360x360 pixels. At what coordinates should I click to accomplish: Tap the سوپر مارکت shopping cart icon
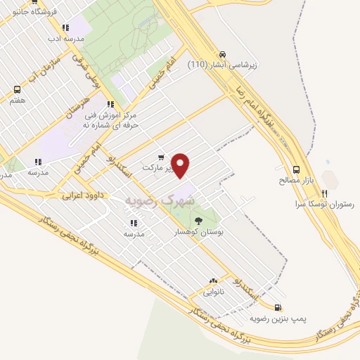click(x=161, y=157)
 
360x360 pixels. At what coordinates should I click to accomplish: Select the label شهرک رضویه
click(x=159, y=200)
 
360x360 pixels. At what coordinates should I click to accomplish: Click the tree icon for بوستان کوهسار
click(x=196, y=221)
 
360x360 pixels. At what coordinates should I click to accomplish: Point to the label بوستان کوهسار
click(x=199, y=231)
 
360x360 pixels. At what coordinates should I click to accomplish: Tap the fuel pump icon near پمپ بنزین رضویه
click(x=278, y=307)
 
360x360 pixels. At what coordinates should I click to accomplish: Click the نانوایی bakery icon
click(x=213, y=280)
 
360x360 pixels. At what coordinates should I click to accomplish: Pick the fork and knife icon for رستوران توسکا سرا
click(x=324, y=193)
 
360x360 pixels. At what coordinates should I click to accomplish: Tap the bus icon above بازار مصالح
click(x=296, y=169)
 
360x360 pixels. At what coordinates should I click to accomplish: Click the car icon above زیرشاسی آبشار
click(x=222, y=54)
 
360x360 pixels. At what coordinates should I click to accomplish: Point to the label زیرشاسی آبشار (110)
click(x=222, y=65)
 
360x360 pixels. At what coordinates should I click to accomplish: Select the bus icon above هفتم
click(x=17, y=90)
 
